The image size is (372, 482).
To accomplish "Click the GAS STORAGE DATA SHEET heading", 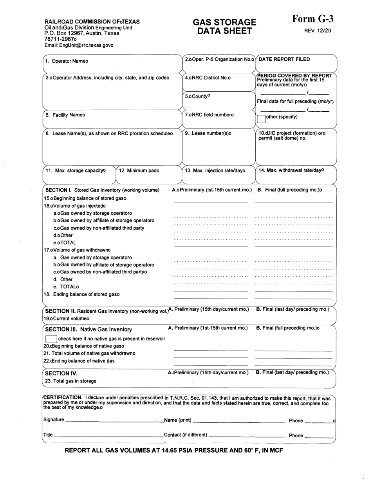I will coord(224,26).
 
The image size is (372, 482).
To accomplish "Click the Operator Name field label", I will coord(66,61).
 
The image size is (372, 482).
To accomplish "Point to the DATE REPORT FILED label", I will coord(284,59).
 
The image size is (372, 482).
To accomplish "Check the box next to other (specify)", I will coord(261,117).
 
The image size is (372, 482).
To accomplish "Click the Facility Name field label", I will coord(65,115).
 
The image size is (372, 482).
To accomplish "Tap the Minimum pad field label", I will coord(139,170).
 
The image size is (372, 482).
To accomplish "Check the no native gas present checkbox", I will coord(51,339).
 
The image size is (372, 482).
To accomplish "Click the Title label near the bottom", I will coord(48,435).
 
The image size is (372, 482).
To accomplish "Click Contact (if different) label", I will coord(186,435).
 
